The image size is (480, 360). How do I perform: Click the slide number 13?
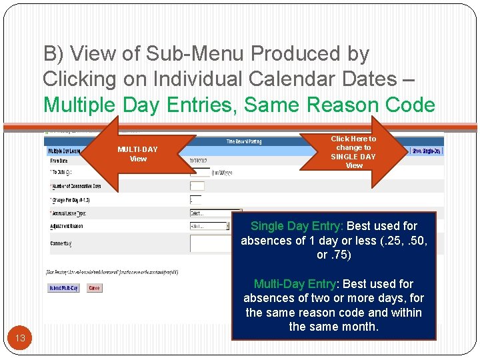(20, 338)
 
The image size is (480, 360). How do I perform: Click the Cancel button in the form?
(94, 289)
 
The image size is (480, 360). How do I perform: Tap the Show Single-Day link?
(426, 151)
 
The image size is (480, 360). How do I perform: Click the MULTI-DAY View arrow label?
(138, 154)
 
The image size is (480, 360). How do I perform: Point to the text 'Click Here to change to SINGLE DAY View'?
(353, 152)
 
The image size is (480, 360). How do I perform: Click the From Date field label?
(59, 161)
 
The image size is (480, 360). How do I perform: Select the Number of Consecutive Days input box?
(197, 186)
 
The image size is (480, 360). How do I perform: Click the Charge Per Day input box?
(195, 199)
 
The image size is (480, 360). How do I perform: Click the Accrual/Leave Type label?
(69, 213)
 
